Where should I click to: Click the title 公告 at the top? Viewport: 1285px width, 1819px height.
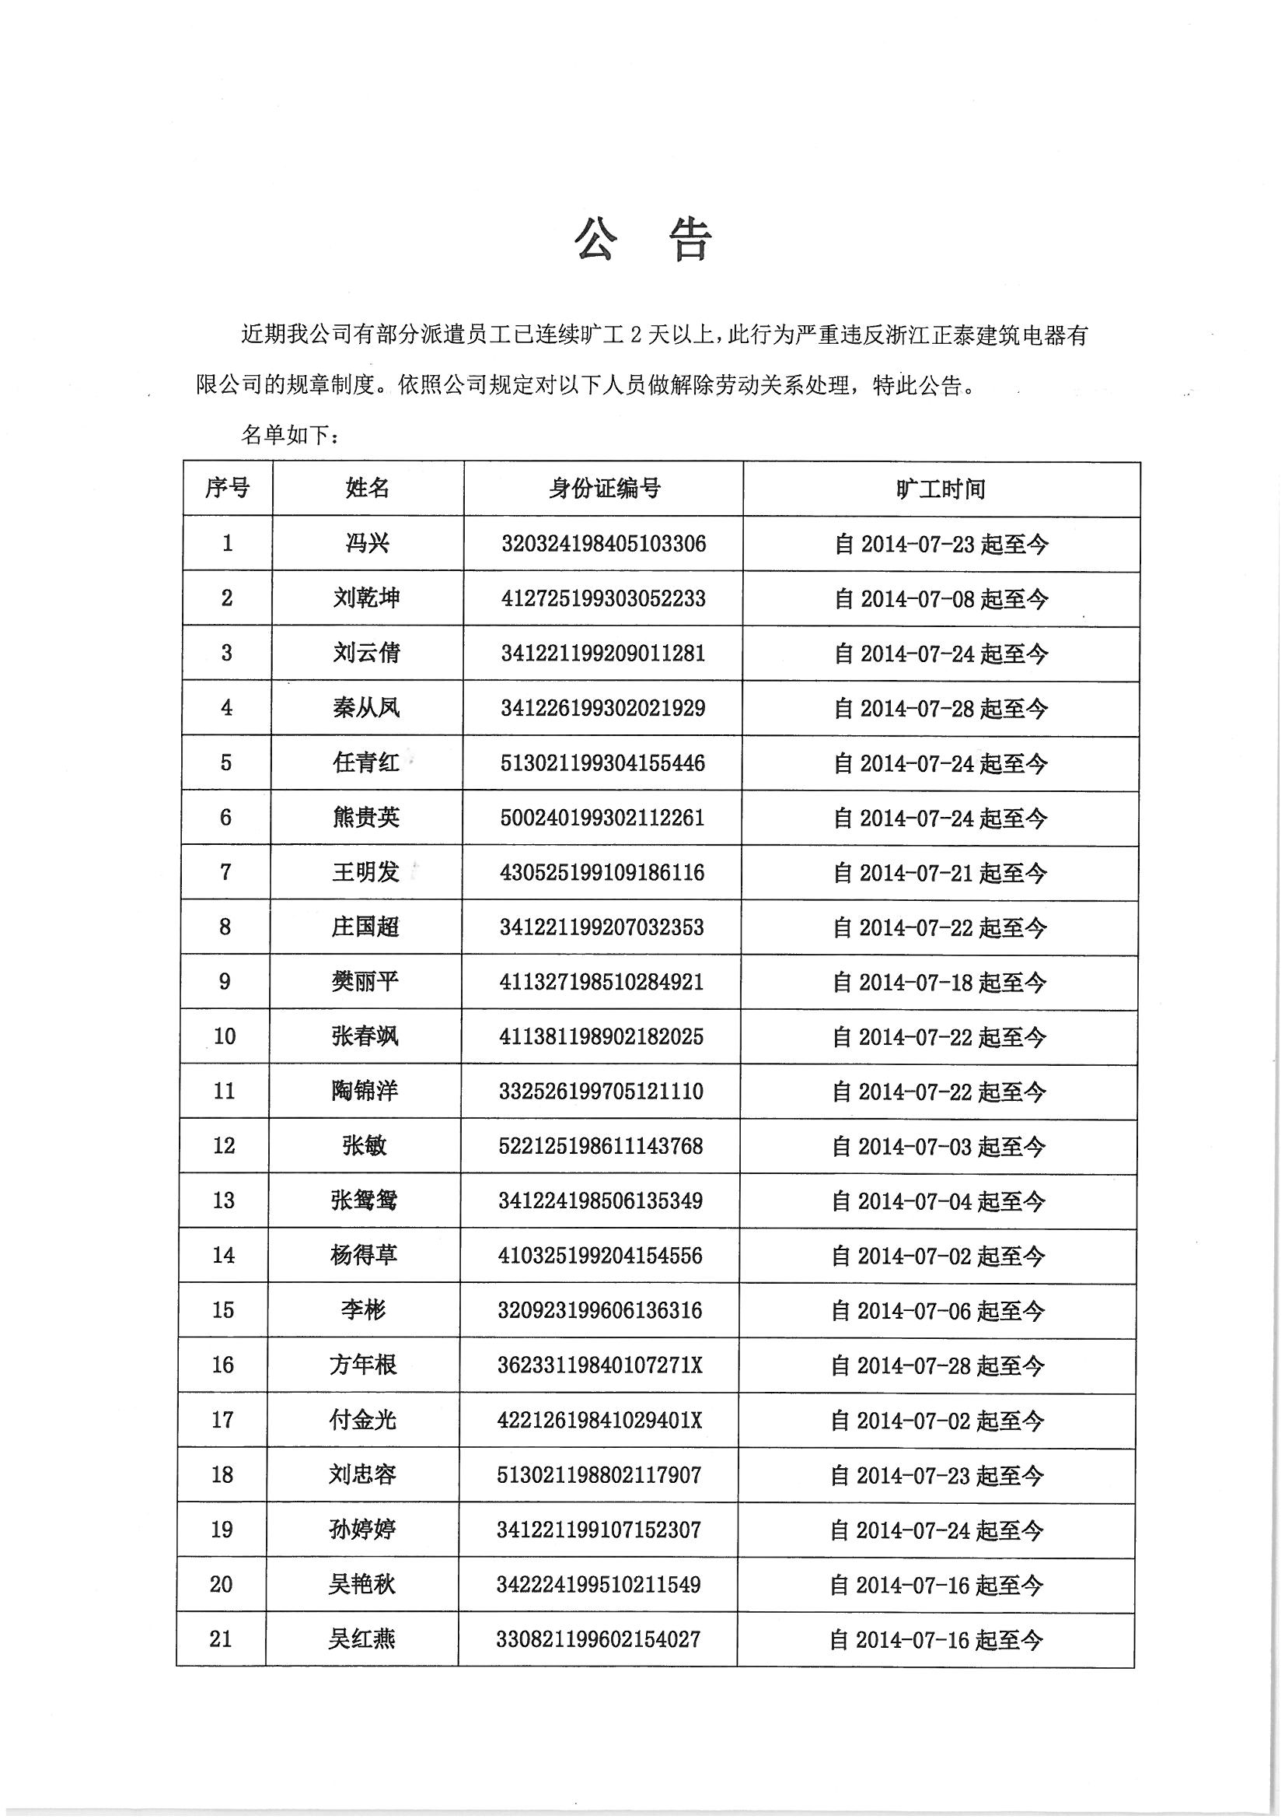pos(642,240)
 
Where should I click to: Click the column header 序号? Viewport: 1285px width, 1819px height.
pos(226,488)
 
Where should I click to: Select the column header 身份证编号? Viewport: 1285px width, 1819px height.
pos(604,489)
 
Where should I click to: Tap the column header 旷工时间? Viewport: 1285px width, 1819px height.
pos(941,489)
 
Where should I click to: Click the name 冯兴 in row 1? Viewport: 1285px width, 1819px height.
pos(368,544)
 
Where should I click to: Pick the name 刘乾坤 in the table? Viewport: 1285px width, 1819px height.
pos(367,598)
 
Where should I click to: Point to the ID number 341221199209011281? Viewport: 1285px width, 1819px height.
pos(602,653)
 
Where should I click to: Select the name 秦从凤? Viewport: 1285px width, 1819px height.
pos(367,707)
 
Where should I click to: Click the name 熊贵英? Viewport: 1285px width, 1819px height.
pos(366,817)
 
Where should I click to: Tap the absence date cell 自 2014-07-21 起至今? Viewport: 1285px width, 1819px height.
pos(940,873)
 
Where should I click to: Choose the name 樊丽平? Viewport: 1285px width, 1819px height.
pos(365,982)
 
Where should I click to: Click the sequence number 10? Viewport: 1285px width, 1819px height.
pos(225,1036)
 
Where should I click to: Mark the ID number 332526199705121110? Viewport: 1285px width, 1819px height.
pos(601,1092)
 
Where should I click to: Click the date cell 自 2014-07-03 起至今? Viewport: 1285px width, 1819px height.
pos(939,1146)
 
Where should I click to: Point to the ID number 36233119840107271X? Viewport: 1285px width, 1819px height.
pos(599,1365)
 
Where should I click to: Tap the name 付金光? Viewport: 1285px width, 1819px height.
pos(362,1420)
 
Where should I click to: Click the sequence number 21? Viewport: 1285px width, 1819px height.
pos(220,1639)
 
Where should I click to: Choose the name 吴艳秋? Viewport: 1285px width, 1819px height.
pos(361,1584)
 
